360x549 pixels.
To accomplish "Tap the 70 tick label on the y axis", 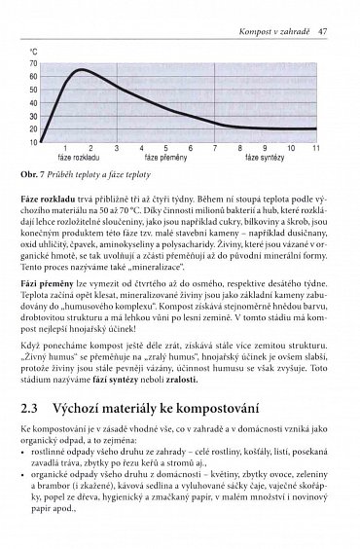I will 34,62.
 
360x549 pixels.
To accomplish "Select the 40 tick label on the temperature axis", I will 34,102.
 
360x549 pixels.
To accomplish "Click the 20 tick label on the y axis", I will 34,128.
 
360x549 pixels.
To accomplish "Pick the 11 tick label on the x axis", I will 316,148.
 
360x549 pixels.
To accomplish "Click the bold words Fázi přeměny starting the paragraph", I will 49,279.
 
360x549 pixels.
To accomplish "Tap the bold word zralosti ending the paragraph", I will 156,389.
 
